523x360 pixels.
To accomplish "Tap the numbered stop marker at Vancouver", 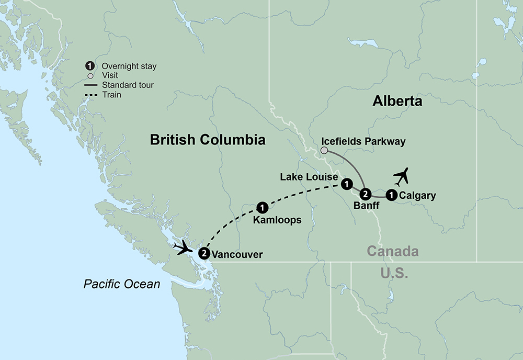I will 204,253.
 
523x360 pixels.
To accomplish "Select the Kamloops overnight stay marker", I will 263,207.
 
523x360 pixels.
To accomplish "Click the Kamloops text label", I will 277,220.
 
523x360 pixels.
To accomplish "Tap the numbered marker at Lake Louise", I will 346,184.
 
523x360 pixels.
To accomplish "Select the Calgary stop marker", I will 391,196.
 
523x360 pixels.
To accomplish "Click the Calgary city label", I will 417,196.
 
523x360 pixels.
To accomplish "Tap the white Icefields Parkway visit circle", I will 324,151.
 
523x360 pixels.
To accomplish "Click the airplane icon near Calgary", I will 401,177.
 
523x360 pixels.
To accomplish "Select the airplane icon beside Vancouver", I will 185,247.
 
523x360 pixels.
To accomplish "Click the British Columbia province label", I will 208,140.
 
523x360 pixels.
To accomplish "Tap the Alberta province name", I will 397,101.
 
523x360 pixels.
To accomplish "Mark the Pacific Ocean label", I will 122,284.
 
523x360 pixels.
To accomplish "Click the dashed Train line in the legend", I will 91,95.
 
